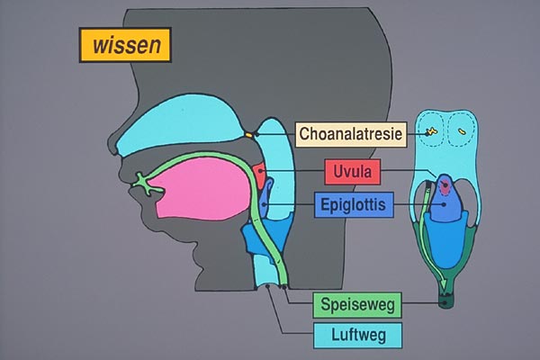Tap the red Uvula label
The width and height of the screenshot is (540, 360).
tap(355, 170)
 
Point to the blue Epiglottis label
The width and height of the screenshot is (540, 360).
tap(354, 206)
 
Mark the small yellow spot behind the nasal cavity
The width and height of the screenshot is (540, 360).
tap(249, 135)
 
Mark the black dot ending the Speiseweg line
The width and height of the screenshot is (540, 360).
tap(443, 305)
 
